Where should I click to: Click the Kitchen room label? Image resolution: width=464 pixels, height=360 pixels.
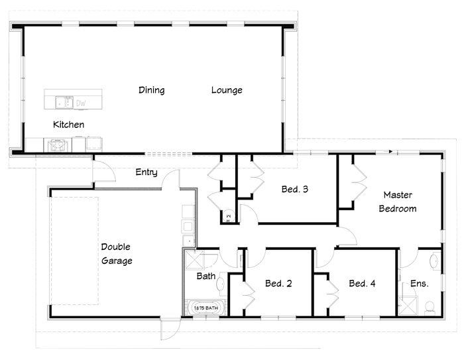click(69, 125)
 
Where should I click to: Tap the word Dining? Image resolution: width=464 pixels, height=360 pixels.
click(152, 90)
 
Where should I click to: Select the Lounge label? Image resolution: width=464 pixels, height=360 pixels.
click(227, 90)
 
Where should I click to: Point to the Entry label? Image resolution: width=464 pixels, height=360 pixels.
click(146, 172)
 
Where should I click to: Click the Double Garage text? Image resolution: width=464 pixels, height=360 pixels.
click(117, 254)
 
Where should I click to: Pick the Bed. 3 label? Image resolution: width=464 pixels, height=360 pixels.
click(295, 189)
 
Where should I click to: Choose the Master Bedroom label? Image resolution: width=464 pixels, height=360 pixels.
click(398, 202)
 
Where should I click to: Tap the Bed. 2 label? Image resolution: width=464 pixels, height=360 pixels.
click(278, 284)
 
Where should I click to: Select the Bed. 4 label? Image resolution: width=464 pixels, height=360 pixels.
click(362, 284)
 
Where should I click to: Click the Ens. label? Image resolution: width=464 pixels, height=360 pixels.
click(420, 284)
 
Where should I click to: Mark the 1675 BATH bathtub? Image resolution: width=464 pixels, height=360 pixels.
click(206, 308)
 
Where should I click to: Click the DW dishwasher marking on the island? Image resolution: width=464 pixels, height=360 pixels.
click(81, 103)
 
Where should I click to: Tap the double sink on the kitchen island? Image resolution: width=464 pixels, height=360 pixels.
click(64, 103)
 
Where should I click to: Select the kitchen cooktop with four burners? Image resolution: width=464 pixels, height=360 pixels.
click(58, 145)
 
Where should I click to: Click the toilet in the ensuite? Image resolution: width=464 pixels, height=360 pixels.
click(430, 308)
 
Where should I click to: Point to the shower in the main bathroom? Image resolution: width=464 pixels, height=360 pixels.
click(195, 260)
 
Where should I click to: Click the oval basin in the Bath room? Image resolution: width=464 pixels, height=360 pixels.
click(221, 284)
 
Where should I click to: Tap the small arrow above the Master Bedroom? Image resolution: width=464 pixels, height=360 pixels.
click(390, 152)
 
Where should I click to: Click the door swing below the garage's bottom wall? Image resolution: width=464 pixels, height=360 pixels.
click(171, 330)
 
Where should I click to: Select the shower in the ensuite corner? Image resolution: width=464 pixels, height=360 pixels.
click(408, 306)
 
